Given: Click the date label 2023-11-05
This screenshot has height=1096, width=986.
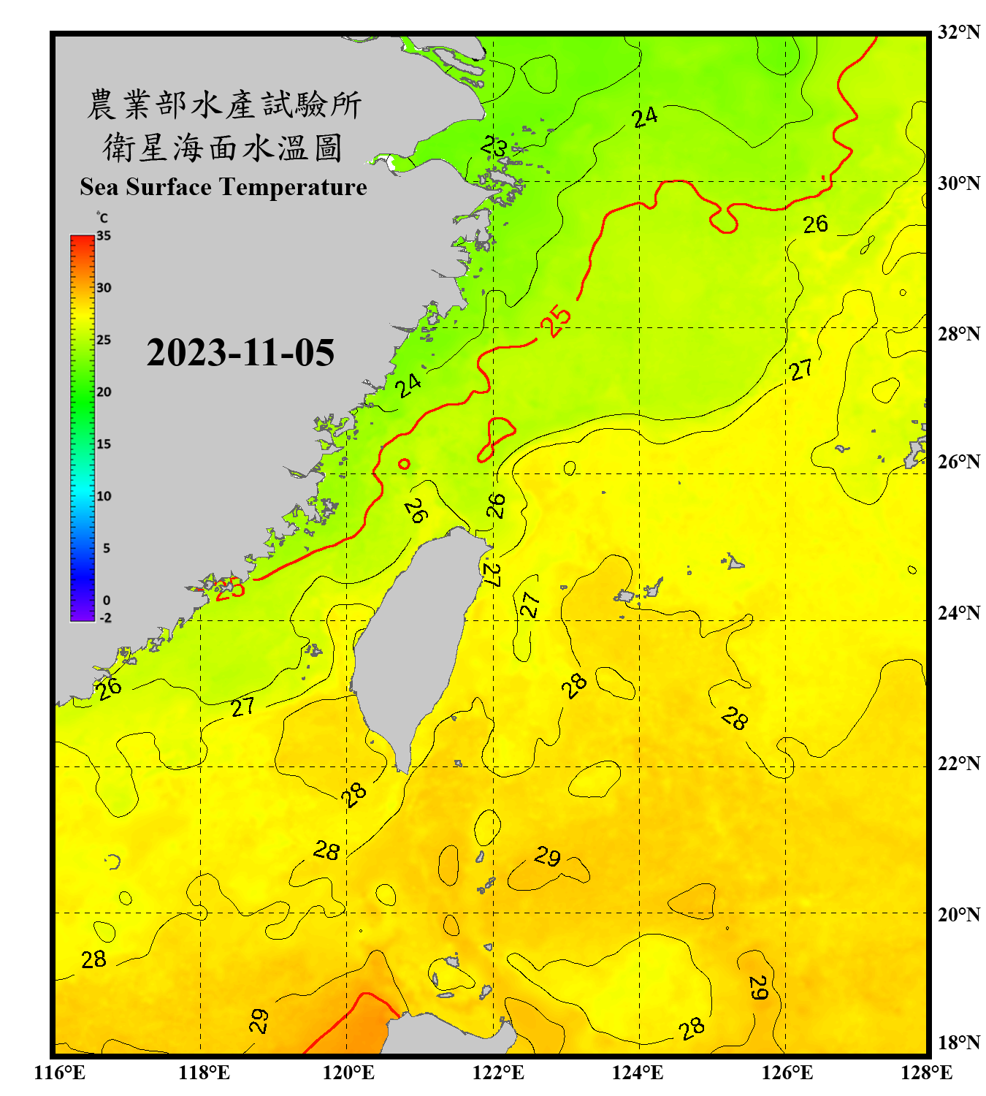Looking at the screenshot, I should (x=240, y=353).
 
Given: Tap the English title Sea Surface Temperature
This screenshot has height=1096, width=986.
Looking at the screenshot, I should (x=223, y=187).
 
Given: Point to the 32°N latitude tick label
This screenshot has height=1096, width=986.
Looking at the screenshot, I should (x=959, y=32).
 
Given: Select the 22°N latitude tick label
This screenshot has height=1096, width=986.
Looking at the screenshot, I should (x=959, y=764).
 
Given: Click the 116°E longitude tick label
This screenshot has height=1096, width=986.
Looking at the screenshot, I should (x=59, y=1073).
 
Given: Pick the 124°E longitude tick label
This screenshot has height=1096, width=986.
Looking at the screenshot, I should (x=638, y=1073).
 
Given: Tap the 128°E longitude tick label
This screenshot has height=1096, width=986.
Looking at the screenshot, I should (x=926, y=1073).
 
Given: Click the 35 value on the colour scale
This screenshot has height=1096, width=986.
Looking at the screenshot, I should (x=104, y=236).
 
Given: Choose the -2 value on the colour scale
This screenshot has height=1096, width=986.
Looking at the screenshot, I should (x=105, y=618).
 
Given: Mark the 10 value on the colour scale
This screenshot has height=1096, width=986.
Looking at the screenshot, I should (x=104, y=496).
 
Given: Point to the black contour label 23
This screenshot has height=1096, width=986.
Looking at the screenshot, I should (x=494, y=147).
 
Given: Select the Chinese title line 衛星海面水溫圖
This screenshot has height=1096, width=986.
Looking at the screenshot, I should (x=223, y=148).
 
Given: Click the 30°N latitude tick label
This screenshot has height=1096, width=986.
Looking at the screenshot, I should (x=959, y=183).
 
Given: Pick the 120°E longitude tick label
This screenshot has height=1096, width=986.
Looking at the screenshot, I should (x=348, y=1073).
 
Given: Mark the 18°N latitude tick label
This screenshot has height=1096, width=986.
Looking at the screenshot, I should (x=959, y=1043).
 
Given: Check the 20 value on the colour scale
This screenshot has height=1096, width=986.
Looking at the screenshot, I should (x=104, y=392).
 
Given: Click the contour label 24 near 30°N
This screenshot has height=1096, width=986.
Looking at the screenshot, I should (x=645, y=117).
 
